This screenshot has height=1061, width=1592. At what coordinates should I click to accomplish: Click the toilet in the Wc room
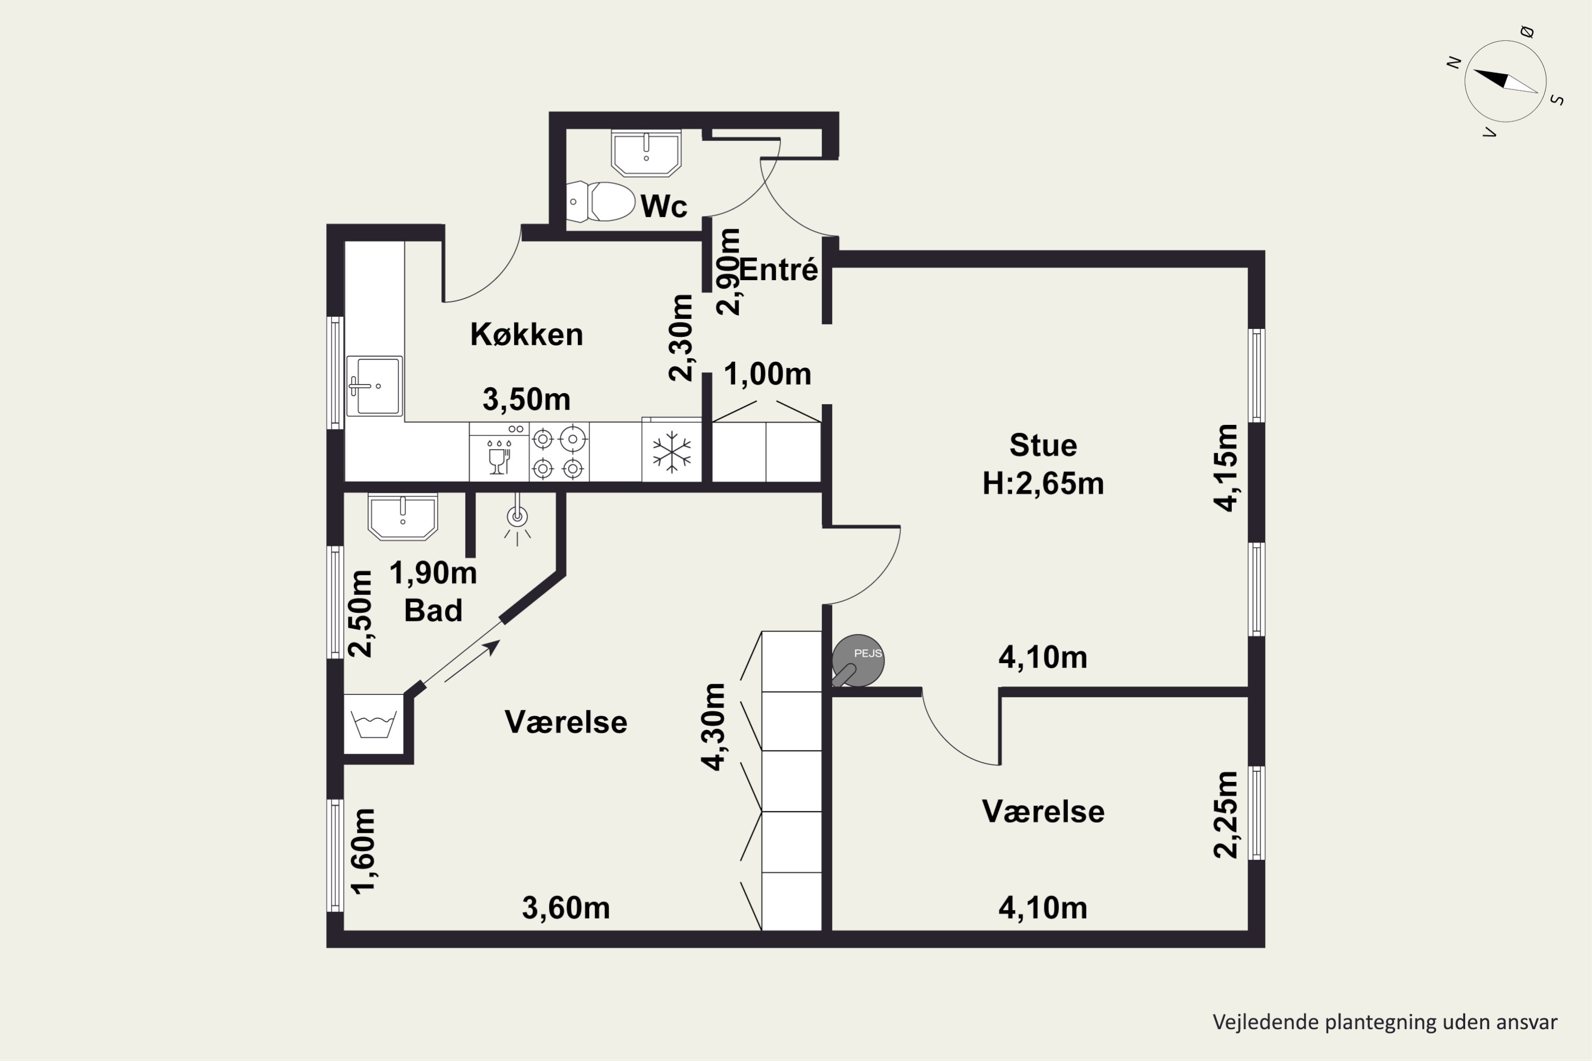click(600, 202)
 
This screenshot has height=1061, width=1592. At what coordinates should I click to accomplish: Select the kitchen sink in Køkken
click(374, 386)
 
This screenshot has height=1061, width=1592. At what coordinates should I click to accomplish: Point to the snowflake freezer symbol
click(671, 452)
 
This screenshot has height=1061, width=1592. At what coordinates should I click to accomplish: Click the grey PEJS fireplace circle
click(858, 660)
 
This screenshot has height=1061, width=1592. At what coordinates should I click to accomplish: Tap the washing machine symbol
click(374, 724)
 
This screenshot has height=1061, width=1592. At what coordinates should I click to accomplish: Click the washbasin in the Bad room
click(403, 517)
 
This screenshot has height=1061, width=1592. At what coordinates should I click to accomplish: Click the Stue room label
click(1043, 445)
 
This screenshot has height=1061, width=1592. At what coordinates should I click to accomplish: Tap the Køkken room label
click(526, 334)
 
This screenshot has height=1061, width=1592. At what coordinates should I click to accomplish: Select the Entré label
click(778, 269)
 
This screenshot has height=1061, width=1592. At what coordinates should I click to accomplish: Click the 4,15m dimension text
click(1226, 467)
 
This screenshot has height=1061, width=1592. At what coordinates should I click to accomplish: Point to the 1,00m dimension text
click(767, 374)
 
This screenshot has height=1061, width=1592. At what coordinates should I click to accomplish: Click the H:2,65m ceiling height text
click(1043, 484)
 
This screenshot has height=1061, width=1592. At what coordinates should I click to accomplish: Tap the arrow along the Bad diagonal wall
click(472, 661)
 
